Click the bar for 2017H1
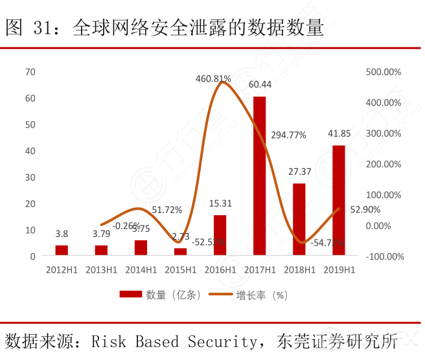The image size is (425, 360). click(x=259, y=175)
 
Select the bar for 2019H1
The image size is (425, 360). click(x=338, y=200)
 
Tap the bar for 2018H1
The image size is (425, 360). click(x=299, y=219)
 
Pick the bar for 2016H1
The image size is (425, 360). click(x=220, y=235)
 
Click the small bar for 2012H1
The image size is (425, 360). click(x=62, y=251)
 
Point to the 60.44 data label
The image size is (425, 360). click(x=260, y=85)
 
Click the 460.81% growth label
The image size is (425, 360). click(x=213, y=78)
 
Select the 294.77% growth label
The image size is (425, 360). click(x=288, y=135)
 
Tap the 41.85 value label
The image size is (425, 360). click(x=339, y=134)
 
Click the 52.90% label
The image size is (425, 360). click(x=365, y=209)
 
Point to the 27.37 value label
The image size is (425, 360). click(x=299, y=172)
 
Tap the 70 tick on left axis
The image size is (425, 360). click(x=30, y=71)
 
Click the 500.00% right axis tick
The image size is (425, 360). click(x=384, y=71)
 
